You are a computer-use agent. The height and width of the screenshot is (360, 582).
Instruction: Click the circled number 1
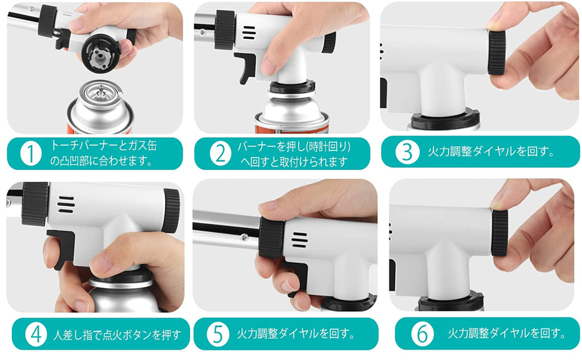point(29,154)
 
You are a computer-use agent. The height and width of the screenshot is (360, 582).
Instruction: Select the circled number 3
point(407,152)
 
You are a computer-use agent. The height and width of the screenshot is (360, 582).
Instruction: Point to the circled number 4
point(35,334)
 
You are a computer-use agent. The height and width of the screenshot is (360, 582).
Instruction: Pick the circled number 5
point(218,334)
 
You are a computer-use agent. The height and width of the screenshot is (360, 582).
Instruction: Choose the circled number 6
point(422,334)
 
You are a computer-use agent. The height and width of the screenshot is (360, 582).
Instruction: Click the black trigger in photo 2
point(244,67)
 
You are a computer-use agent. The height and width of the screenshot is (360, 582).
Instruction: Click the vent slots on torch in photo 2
point(248,30)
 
